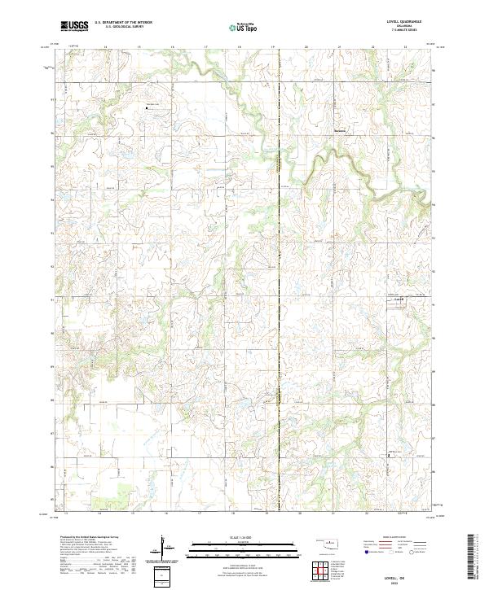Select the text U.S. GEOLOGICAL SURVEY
[x=123, y=27]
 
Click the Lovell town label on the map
[x=399, y=301]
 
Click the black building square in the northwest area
[x=148, y=106]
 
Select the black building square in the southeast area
[x=388, y=456]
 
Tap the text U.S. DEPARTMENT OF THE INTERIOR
[x=123, y=23]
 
